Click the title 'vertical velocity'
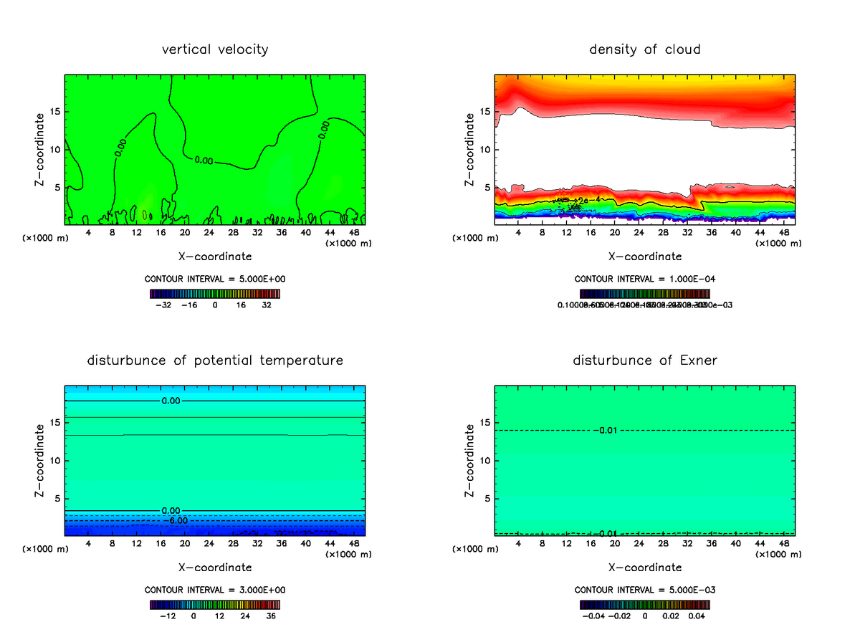[x=215, y=49]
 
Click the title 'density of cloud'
[x=644, y=49]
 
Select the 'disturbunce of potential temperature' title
[x=215, y=360]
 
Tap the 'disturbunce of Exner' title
[x=644, y=360]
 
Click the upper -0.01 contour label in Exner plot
[x=606, y=430]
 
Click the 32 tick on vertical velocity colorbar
[x=267, y=305]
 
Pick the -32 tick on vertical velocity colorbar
[x=165, y=305]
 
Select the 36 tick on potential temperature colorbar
[x=270, y=615]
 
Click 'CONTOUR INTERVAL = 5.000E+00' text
[x=215, y=279]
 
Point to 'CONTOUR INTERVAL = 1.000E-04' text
[x=644, y=279]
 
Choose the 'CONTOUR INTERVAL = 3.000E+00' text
[x=215, y=590]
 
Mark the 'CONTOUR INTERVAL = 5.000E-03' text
[x=644, y=590]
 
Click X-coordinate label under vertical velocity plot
[x=215, y=256]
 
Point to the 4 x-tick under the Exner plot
[x=518, y=543]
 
